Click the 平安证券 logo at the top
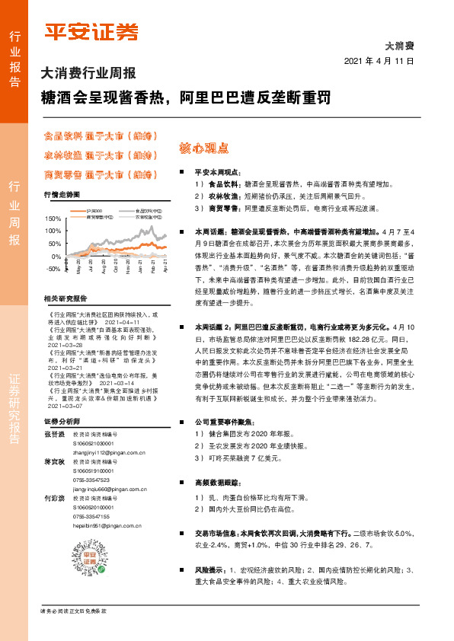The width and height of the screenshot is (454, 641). (91, 33)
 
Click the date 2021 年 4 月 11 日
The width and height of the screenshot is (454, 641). (379, 61)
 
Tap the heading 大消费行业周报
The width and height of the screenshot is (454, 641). (88, 75)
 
